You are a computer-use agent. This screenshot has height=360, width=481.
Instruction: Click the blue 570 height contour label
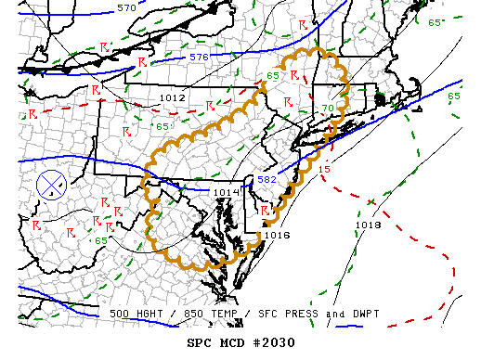(x=125, y=8)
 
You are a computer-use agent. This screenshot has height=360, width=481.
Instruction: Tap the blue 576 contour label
(x=199, y=58)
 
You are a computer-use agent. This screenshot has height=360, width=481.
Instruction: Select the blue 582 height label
(x=266, y=179)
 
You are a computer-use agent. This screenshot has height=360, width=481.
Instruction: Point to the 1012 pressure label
(x=173, y=97)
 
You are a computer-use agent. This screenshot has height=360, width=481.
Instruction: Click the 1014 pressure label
(x=226, y=192)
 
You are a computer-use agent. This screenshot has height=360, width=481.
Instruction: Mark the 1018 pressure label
(x=368, y=225)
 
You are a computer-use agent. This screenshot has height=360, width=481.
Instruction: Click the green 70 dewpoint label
(x=327, y=109)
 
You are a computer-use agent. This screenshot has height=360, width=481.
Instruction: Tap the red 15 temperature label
(x=324, y=170)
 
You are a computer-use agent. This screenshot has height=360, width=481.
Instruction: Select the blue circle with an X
(x=51, y=185)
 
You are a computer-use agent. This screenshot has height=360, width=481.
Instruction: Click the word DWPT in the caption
(x=363, y=314)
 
